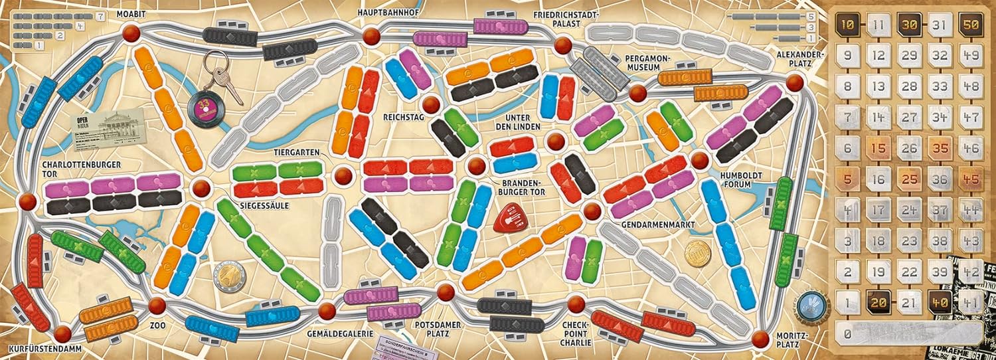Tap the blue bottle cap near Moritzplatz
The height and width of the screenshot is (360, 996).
811,302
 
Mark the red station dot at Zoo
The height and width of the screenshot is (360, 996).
157,306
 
